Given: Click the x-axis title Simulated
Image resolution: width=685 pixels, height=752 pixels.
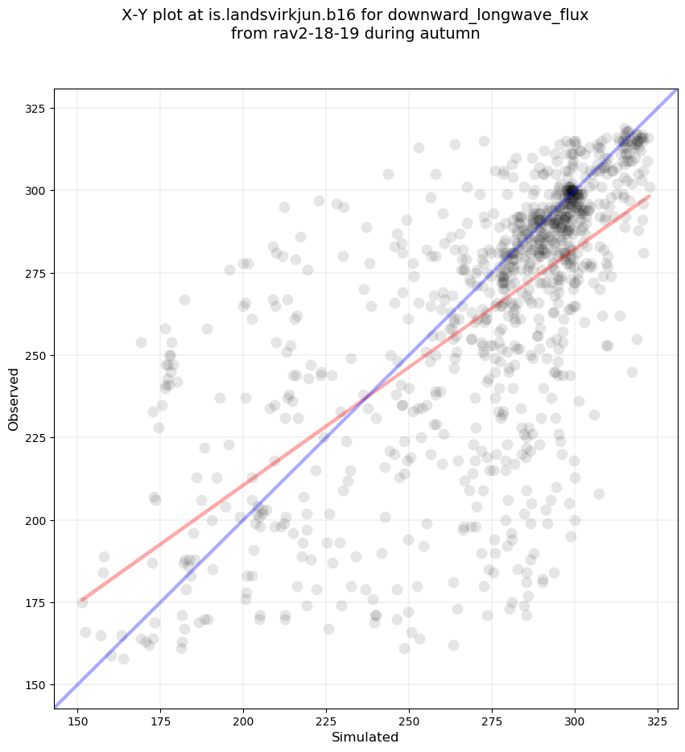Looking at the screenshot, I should point(365,737).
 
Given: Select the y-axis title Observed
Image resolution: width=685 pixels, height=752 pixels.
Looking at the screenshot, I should point(14,399).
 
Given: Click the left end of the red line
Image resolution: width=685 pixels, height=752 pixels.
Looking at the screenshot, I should point(81,601).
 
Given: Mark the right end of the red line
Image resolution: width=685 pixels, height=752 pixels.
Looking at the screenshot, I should point(649,196).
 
